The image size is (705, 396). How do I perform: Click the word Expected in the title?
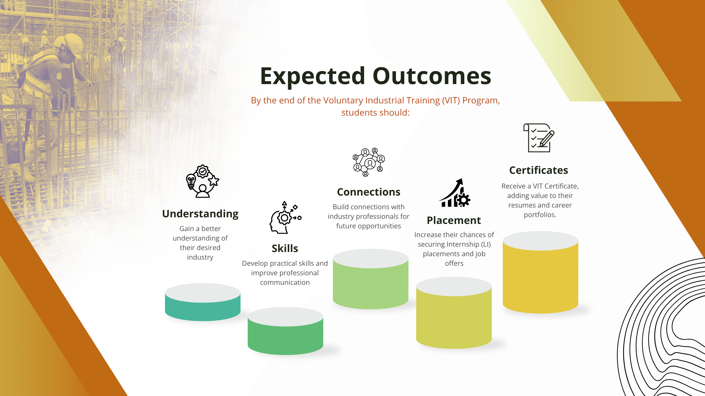pos(312,77)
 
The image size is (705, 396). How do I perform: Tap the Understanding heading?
pos(200,214)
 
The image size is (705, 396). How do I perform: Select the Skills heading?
pos(285,248)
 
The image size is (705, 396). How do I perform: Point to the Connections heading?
pos(369,192)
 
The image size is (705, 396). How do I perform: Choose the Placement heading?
pos(454,220)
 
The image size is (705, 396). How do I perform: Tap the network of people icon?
pos(369,162)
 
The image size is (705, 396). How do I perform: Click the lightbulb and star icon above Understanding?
pos(202,181)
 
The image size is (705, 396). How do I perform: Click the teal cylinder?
pos(203,302)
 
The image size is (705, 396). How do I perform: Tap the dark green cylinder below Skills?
pos(285,331)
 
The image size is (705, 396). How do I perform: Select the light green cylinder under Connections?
pos(371,279)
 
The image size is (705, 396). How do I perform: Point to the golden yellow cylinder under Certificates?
pos(540,272)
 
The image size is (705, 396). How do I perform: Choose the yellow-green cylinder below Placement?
pos(454,313)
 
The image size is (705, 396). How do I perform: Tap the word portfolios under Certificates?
pos(540,215)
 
